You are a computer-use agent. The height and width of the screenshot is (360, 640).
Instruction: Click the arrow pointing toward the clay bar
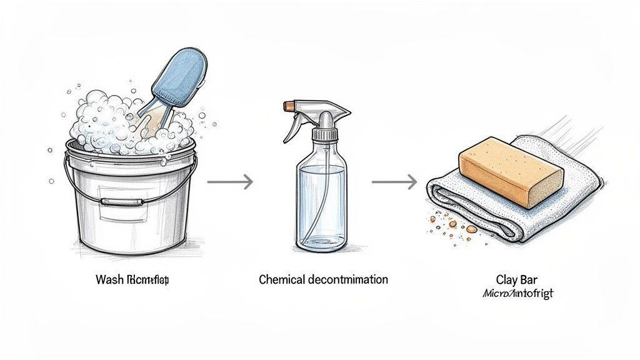click(x=394, y=182)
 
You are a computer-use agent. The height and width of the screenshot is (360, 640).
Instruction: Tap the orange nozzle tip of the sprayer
click(x=289, y=106)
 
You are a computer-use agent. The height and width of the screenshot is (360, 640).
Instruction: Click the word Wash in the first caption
click(x=110, y=279)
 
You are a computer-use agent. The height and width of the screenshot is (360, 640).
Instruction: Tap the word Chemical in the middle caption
click(x=282, y=279)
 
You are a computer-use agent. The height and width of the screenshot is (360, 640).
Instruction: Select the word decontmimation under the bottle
click(x=348, y=279)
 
